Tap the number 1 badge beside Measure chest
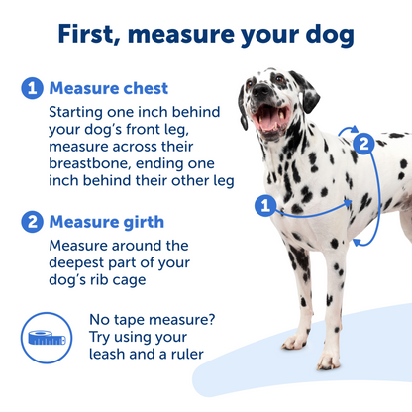click(x=33, y=89)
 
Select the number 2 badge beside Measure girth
click(x=33, y=222)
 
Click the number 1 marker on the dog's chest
click(x=264, y=206)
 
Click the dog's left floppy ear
click(x=243, y=104)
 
